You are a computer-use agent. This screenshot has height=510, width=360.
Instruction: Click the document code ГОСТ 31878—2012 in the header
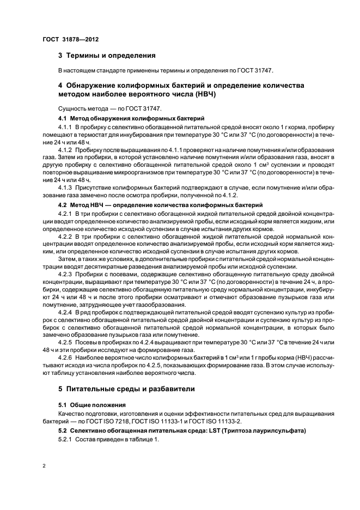coord(71,40)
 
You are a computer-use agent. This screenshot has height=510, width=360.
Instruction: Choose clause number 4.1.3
coord(67,187)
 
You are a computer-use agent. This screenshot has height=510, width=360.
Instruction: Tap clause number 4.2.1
coord(67,212)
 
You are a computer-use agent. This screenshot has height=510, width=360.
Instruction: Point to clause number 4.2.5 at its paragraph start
coord(67,342)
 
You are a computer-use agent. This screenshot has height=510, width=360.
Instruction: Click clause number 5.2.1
coord(67,440)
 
